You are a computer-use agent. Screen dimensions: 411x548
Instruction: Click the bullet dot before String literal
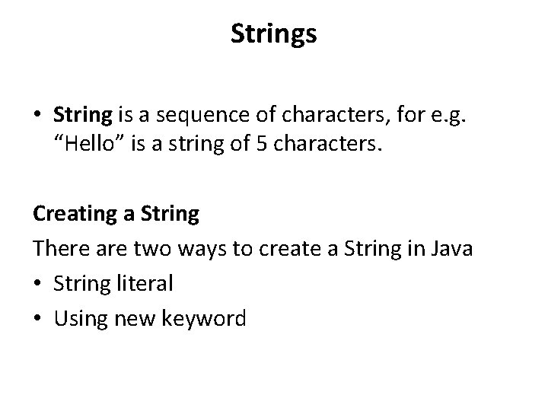38,284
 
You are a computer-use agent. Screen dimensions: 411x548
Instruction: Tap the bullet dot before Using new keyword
38,318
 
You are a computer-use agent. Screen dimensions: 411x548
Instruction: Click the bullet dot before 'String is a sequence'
38,115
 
